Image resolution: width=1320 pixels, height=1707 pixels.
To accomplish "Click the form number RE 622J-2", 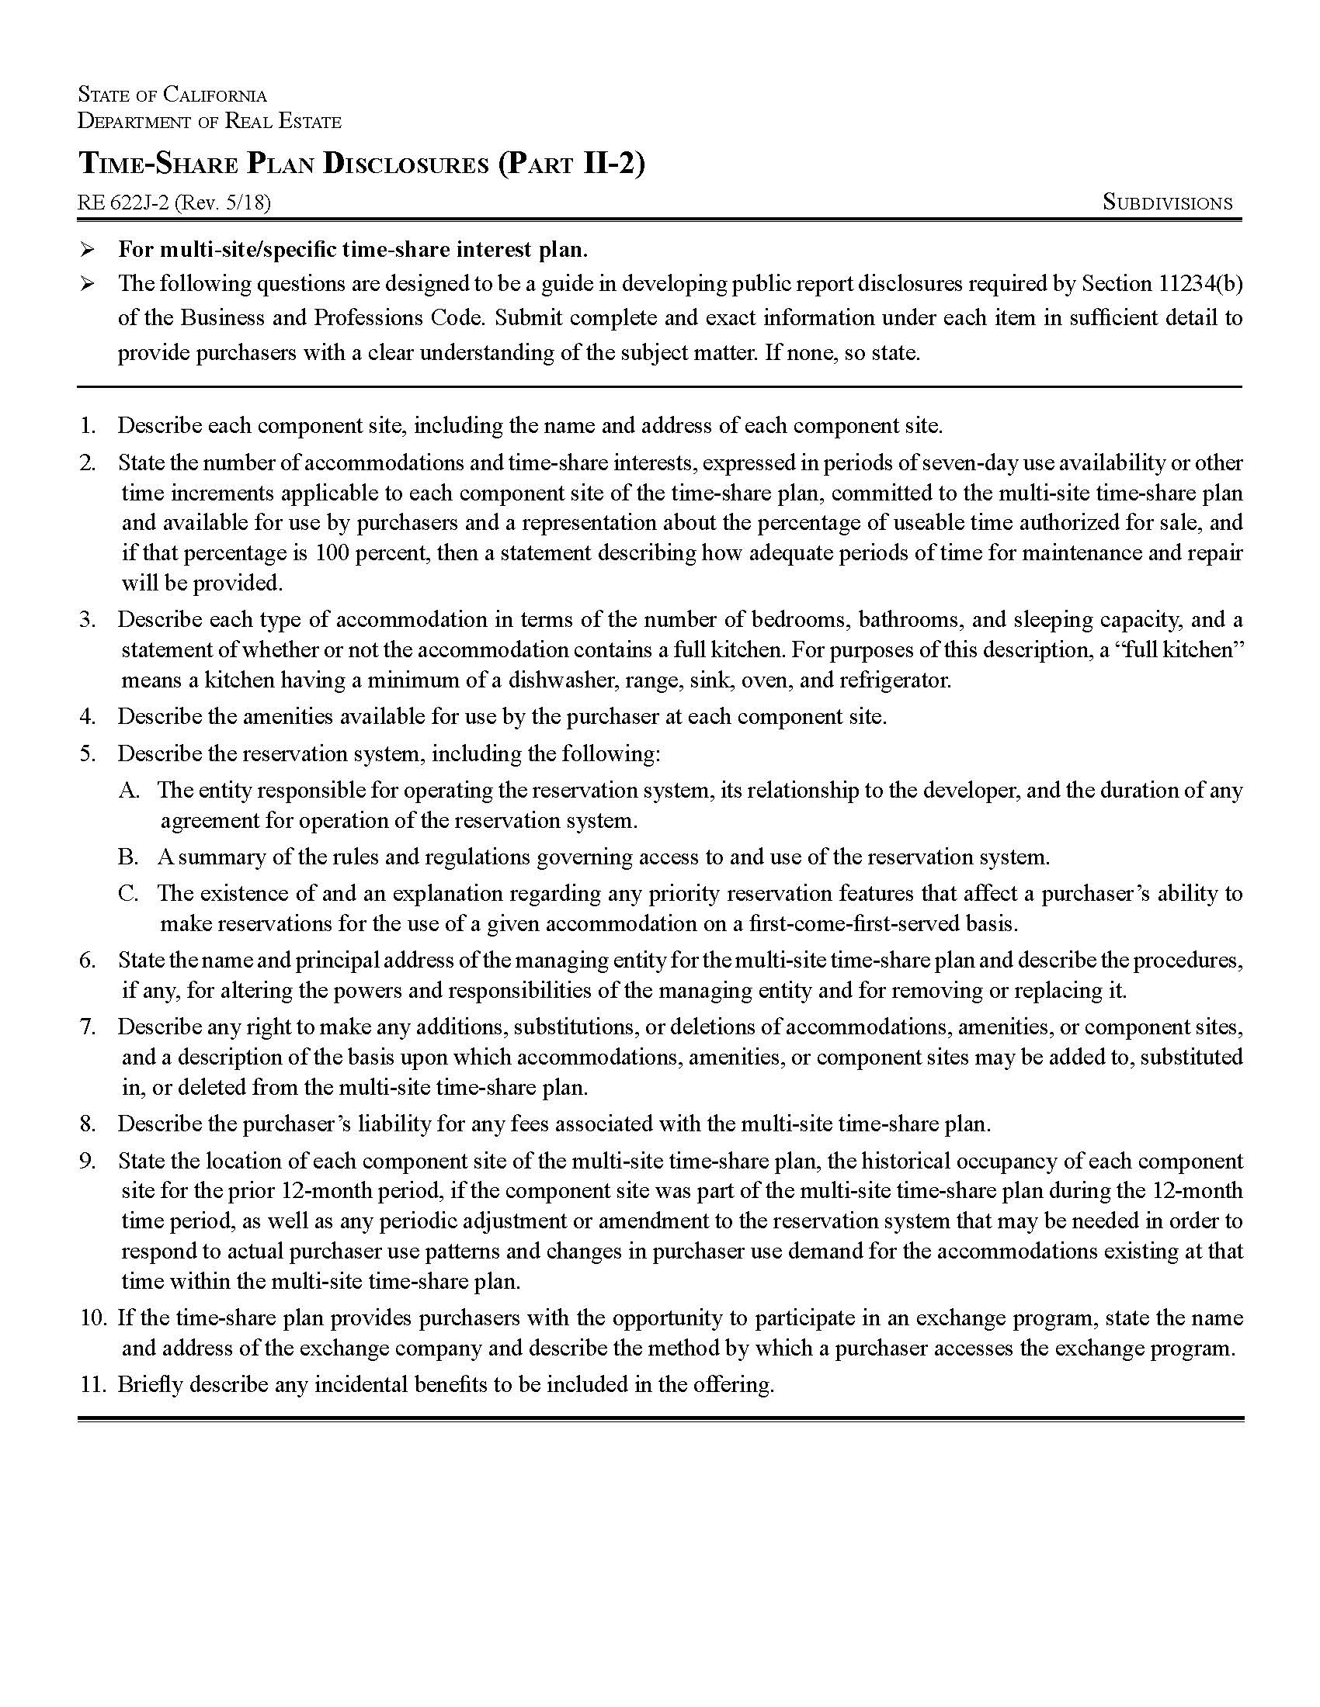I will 123,203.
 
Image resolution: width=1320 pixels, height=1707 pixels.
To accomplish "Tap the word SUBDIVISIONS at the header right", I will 1167,203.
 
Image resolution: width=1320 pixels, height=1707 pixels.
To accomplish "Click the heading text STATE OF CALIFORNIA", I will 172,95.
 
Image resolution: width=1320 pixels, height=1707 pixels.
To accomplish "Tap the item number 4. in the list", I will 88,717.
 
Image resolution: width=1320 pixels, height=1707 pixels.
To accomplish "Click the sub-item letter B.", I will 128,857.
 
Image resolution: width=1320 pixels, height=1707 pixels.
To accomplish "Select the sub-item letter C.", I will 128,893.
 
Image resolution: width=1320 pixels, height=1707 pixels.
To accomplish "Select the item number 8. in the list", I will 88,1125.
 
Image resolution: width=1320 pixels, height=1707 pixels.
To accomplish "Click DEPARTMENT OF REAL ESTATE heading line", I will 210,122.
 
